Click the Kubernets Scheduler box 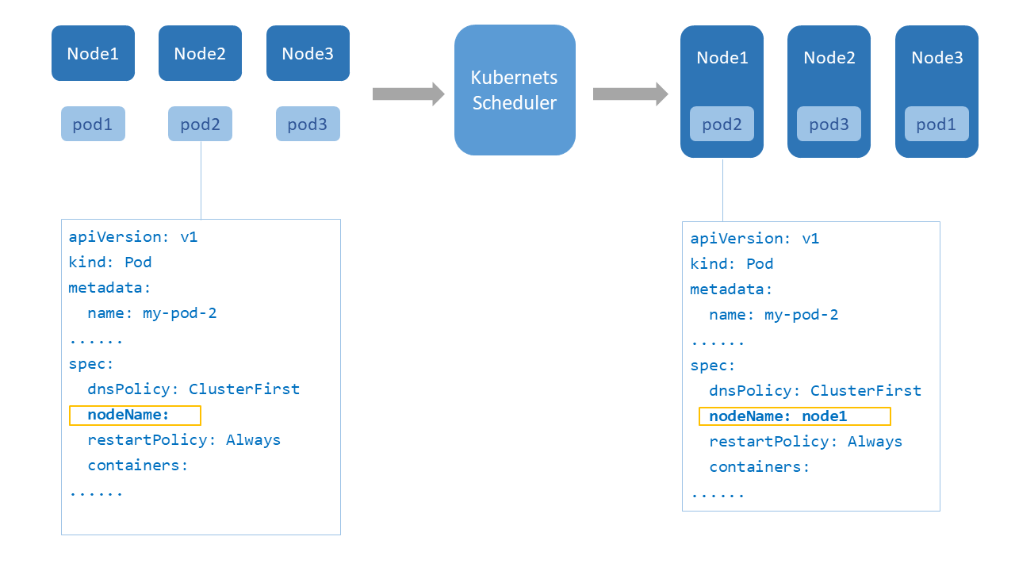pos(515,90)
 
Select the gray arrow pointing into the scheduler pos(408,94)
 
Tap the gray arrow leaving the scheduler pos(630,94)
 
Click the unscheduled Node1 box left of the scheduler pos(93,53)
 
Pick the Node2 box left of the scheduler pos(200,53)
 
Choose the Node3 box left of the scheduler pos(308,53)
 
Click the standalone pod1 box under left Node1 pos(93,124)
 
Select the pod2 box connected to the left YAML pos(200,124)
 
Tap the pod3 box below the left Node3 pos(308,124)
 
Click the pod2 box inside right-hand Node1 pos(722,124)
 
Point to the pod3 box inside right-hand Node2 pos(829,124)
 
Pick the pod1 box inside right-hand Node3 pos(936,124)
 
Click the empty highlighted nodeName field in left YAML pos(135,415)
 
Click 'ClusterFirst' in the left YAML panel pos(244,389)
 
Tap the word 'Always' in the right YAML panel pos(875,442)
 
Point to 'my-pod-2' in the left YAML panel pos(179,313)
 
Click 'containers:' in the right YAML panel pos(759,467)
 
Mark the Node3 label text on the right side pos(936,58)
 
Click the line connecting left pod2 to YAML pos(201,180)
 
